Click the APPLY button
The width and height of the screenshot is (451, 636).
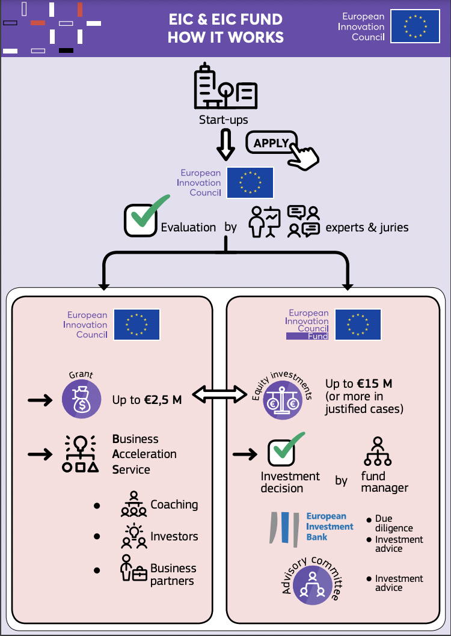tap(271, 143)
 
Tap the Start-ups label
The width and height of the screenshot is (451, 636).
tap(223, 120)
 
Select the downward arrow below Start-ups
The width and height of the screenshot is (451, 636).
tap(226, 145)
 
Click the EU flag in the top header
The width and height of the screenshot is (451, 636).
tap(414, 26)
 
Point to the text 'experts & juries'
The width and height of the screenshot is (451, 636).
tap(367, 227)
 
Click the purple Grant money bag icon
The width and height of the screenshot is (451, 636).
tap(82, 399)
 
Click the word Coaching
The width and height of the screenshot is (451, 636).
tap(174, 504)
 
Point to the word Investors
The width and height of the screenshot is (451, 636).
tap(174, 536)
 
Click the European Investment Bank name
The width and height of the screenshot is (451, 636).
tap(330, 526)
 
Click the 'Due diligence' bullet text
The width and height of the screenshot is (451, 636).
tap(394, 523)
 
